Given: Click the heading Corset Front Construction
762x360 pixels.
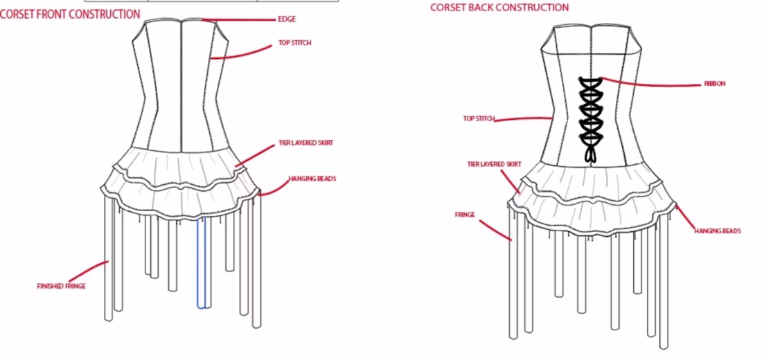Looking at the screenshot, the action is click(70, 14).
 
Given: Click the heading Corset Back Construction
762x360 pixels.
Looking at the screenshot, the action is click(499, 8).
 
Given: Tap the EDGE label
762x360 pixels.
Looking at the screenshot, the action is click(287, 19).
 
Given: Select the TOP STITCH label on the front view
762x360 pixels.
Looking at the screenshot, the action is click(294, 43).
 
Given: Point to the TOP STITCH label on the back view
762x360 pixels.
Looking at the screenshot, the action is click(479, 118).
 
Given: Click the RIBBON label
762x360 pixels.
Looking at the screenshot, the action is click(715, 84).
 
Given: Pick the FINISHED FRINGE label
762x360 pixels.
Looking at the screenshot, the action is click(61, 286).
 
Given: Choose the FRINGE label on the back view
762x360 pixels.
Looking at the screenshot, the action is click(465, 214).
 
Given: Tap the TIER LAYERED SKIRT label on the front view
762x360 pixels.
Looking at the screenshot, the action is click(305, 143).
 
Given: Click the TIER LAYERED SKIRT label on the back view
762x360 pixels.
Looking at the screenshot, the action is click(494, 164).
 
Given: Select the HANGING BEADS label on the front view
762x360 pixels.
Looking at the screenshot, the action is click(312, 179).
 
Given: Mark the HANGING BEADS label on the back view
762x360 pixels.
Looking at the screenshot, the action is click(718, 231).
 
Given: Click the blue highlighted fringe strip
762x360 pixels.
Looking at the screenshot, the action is click(201, 262).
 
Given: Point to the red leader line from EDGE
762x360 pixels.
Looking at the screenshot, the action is click(239, 20).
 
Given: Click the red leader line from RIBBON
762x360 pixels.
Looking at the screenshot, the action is click(651, 84).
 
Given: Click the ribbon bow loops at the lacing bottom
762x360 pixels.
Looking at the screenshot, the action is click(591, 154).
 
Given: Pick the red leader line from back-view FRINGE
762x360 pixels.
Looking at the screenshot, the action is click(496, 230).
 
